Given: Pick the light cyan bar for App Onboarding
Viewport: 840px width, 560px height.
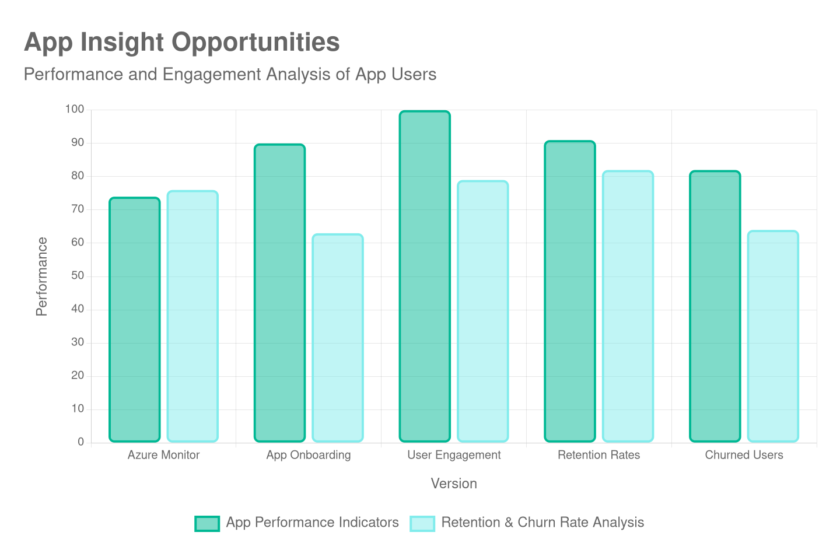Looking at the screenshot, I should point(338,338).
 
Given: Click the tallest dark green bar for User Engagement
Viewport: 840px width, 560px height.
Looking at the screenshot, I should point(425,276).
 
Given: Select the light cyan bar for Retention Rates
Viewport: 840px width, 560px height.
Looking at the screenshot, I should point(628,306).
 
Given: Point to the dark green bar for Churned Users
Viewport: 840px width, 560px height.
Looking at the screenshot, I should point(715,306).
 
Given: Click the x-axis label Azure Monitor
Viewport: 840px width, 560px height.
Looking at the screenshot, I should point(163,455).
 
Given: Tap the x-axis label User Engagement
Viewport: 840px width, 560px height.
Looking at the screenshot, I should point(454,455).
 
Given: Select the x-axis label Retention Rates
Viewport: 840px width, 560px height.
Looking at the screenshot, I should point(598,455).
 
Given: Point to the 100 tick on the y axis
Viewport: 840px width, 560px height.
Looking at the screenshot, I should point(75,109).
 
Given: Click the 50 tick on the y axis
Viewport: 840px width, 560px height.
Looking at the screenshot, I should point(77,275).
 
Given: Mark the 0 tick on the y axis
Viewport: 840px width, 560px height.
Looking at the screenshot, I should point(80,442).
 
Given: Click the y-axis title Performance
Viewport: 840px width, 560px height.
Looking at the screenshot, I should point(41,276).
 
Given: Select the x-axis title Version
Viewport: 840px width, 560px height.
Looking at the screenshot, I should point(454,484).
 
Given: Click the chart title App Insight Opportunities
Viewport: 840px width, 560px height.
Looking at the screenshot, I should point(181,43).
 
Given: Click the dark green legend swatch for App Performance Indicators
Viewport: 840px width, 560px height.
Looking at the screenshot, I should point(207,523).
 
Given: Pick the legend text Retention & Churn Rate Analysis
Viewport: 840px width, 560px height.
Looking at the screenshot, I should point(542,522).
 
